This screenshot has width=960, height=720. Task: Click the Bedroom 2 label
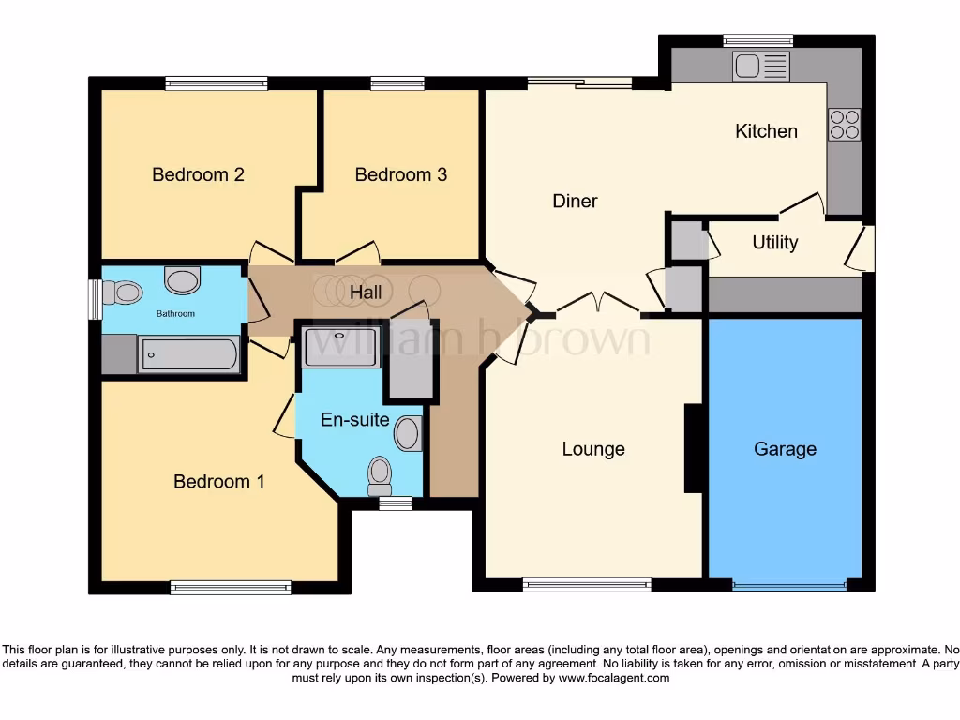pyautogui.click(x=198, y=174)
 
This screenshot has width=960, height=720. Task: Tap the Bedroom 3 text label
pyautogui.click(x=400, y=174)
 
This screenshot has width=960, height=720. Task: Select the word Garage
pyautogui.click(x=785, y=449)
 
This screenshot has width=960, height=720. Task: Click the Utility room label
pyautogui.click(x=775, y=243)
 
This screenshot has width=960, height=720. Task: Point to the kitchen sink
pyautogui.click(x=761, y=66)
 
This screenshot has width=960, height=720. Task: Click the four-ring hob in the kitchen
pyautogui.click(x=844, y=125)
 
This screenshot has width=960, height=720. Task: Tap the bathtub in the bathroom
pyautogui.click(x=188, y=354)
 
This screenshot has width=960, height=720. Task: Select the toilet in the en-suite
pyautogui.click(x=379, y=473)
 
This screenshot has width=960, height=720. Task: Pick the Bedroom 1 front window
pyautogui.click(x=231, y=588)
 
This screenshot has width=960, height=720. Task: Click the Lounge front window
pyautogui.click(x=587, y=585)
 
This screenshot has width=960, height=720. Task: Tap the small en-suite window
pyautogui.click(x=395, y=503)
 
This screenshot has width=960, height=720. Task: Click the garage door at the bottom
pyautogui.click(x=788, y=586)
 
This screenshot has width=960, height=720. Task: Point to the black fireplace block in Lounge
pyautogui.click(x=694, y=448)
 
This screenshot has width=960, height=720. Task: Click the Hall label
pyautogui.click(x=366, y=292)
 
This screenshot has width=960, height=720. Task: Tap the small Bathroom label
pyautogui.click(x=175, y=313)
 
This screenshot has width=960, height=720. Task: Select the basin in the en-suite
pyautogui.click(x=407, y=434)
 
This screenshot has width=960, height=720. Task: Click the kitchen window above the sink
pyautogui.click(x=757, y=40)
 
